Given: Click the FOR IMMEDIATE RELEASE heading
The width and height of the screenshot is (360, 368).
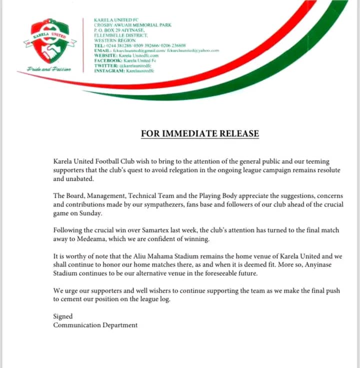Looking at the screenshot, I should coord(200,134).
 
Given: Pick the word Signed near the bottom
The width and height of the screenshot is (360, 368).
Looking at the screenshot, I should coord(63,316).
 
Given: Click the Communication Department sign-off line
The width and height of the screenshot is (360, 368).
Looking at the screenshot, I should coord(95,325).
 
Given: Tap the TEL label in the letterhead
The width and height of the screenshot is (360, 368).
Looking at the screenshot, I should coord(98,46).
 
